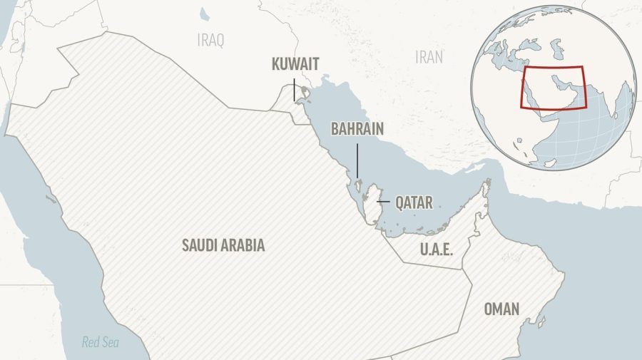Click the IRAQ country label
[210, 41]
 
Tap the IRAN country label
[429, 57]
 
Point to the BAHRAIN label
[357, 129]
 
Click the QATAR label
[414, 203]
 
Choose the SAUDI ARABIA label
[223, 245]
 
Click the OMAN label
[501, 309]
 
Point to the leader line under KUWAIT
[294, 91]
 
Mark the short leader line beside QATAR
[384, 203]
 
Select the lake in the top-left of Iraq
[205, 13]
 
